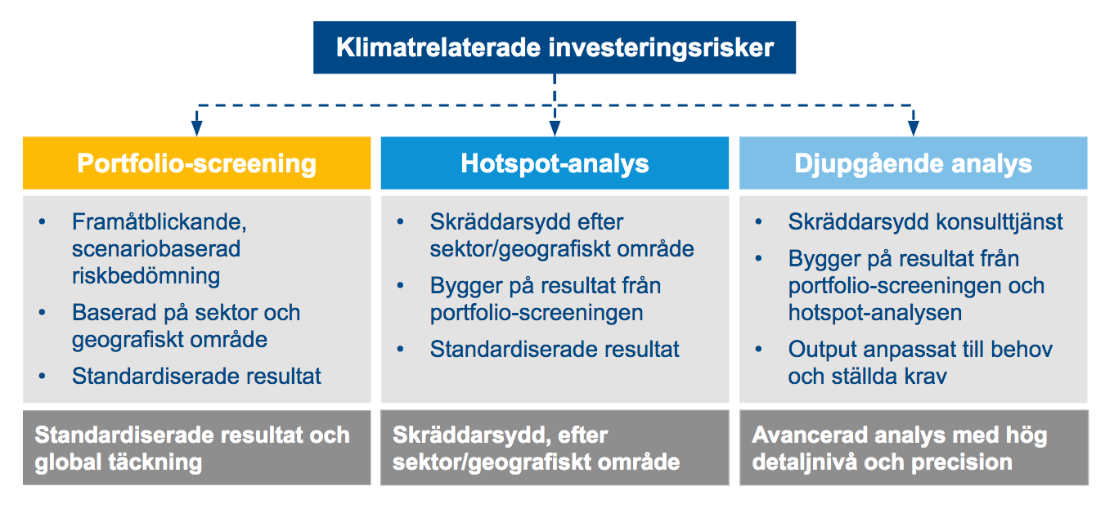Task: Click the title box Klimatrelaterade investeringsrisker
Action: [554, 47]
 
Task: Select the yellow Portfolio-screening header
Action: [197, 163]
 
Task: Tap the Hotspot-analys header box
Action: [555, 163]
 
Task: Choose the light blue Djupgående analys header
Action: [913, 163]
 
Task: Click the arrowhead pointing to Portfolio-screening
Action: [197, 128]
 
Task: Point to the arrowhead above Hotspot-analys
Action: [555, 128]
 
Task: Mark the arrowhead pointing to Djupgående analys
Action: [913, 128]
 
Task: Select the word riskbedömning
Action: [146, 276]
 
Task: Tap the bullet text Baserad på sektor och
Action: [186, 313]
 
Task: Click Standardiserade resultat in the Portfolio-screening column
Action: [196, 376]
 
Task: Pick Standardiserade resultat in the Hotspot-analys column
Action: [555, 349]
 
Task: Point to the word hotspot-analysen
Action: [875, 313]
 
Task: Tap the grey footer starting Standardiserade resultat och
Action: [197, 448]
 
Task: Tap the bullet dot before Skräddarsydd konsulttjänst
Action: [758, 222]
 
